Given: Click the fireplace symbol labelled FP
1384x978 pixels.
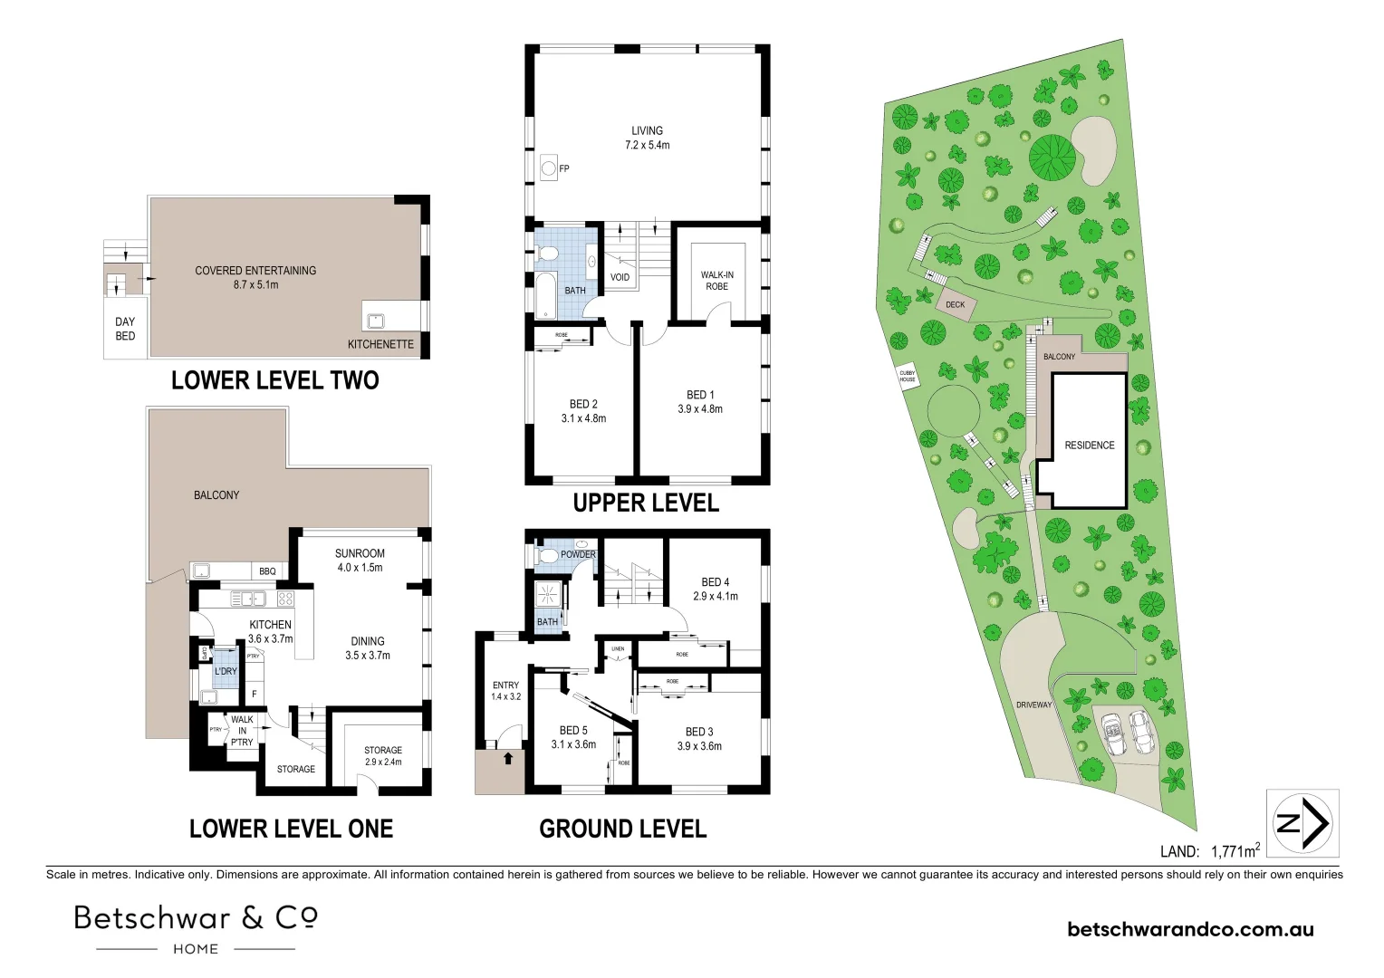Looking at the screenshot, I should click(x=548, y=168).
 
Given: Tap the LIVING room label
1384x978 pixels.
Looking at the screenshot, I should click(x=647, y=130).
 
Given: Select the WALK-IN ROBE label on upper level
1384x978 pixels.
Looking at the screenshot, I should click(x=716, y=280).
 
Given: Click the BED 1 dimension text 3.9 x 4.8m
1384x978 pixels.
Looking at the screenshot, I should click(x=700, y=408).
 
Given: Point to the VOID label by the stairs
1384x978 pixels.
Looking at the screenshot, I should click(x=620, y=277).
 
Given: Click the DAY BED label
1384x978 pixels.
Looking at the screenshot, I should click(x=125, y=329).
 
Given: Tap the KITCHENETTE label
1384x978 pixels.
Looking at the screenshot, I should click(x=380, y=344).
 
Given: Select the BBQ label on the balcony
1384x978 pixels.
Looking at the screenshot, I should click(x=267, y=571).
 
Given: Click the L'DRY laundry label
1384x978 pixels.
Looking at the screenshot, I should click(x=226, y=671).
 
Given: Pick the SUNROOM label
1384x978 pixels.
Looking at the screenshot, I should click(x=360, y=553).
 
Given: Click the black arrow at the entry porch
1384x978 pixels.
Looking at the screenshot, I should click(x=508, y=758).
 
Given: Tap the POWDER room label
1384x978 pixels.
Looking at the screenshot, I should click(x=578, y=554).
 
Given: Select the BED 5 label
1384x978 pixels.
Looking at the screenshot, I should click(x=573, y=730).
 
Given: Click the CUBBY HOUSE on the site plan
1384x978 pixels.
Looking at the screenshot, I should click(x=907, y=376).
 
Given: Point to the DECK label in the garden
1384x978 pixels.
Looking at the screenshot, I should click(x=955, y=305).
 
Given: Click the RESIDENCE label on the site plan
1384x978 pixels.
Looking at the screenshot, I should click(x=1089, y=445).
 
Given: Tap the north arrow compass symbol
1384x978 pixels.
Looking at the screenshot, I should click(x=1302, y=823).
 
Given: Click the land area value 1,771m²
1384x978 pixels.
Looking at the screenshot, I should click(x=1235, y=850).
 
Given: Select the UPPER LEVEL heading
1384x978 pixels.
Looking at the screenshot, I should click(x=646, y=503).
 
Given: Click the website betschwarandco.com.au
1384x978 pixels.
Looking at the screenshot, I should click(x=1190, y=929).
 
